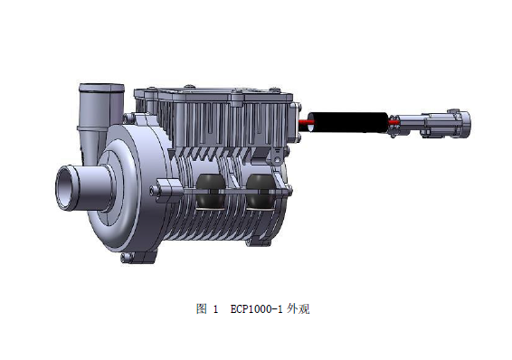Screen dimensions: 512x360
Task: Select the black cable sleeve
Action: click(349, 122)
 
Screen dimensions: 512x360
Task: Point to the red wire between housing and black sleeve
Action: click(306, 122)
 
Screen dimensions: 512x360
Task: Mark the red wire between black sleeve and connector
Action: click(393, 122)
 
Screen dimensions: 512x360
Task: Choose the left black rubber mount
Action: click(211, 192)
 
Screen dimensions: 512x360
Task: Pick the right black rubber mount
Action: click(261, 192)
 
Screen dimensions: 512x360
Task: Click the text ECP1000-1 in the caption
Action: click(256, 308)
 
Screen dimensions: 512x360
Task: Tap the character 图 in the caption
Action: click(201, 308)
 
